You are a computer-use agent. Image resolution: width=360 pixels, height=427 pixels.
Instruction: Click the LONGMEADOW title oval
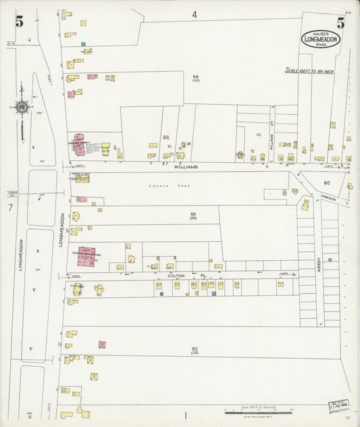(321, 39)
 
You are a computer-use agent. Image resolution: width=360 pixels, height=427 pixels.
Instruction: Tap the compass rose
(22, 106)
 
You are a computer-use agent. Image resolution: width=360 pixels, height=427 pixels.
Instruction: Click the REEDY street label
(317, 262)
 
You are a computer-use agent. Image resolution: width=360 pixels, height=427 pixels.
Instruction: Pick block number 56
(195, 77)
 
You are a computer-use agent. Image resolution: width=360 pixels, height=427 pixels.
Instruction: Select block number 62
(195, 349)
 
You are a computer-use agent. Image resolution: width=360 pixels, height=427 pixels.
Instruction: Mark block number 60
(328, 183)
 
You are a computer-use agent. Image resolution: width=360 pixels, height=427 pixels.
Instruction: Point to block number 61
(330, 260)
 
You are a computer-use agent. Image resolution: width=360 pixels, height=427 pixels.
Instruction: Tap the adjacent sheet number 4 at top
(194, 14)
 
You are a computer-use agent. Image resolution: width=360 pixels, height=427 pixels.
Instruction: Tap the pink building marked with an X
(102, 345)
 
